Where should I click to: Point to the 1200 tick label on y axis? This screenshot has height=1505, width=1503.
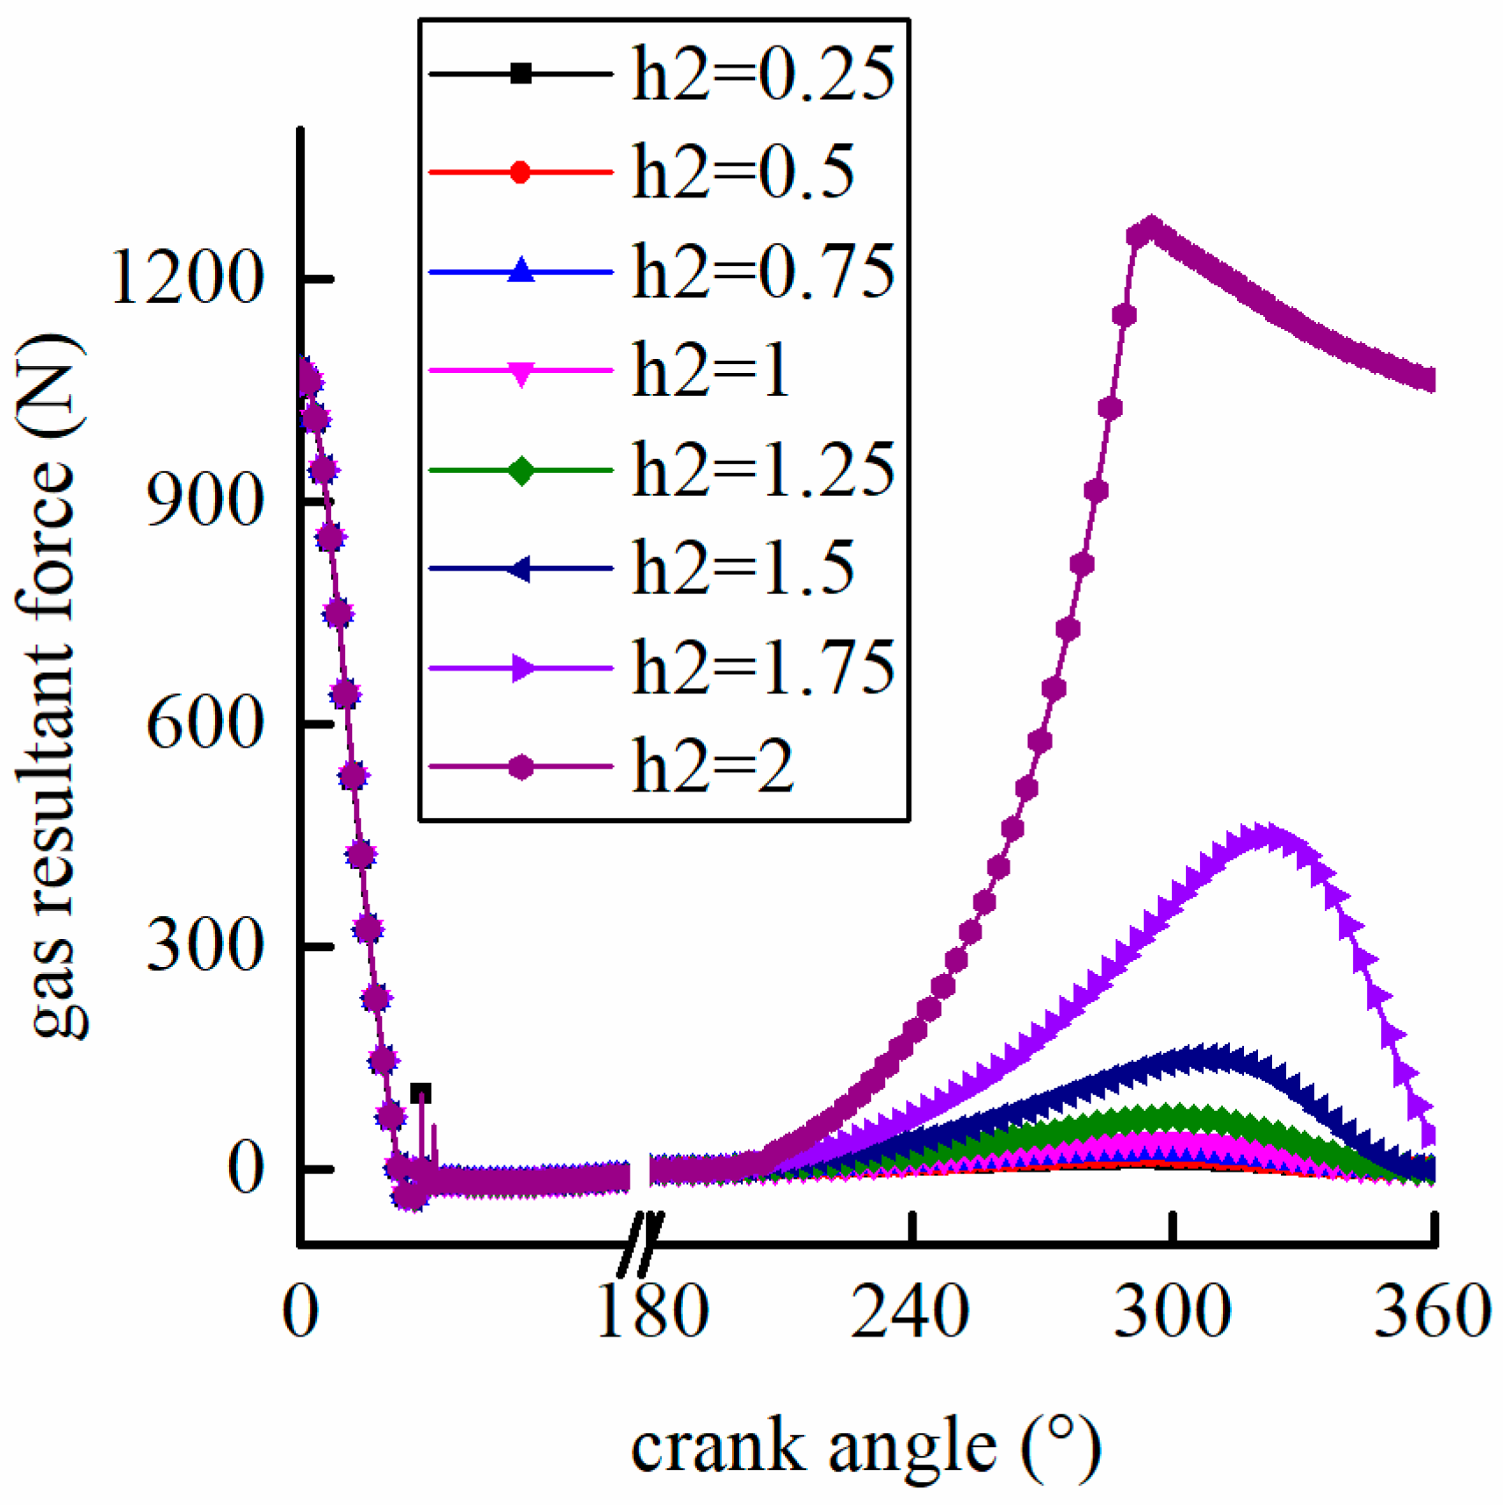[186, 279]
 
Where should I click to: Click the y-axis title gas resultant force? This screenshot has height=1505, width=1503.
[53, 684]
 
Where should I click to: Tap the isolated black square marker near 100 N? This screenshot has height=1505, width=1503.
[421, 1093]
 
